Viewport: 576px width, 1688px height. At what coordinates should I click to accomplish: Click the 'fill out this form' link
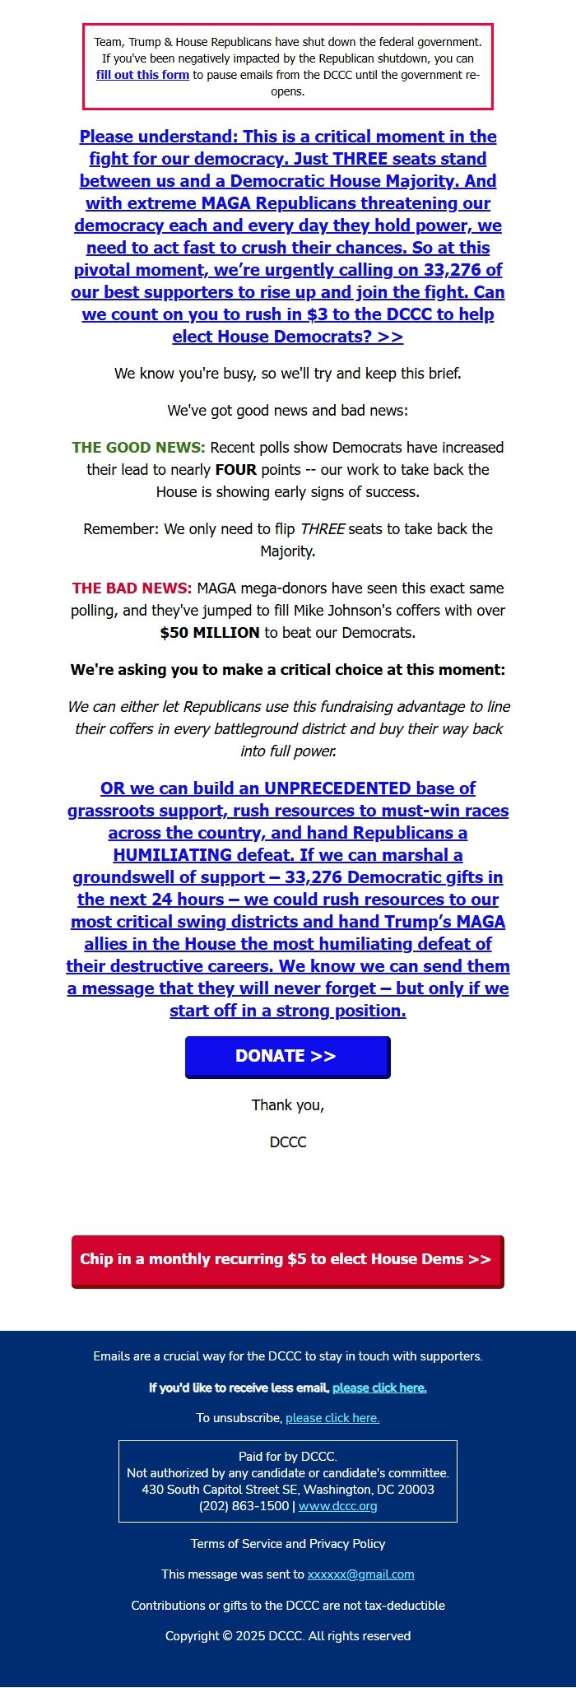click(x=142, y=75)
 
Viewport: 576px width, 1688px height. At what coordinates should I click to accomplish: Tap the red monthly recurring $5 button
click(x=287, y=1260)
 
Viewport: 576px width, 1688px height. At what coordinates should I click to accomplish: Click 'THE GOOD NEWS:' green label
click(x=138, y=448)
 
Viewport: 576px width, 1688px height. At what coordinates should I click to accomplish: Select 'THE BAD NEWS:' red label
click(x=132, y=588)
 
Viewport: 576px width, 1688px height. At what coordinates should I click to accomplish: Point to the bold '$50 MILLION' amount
click(x=210, y=633)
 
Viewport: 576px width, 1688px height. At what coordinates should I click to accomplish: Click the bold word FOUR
click(x=236, y=470)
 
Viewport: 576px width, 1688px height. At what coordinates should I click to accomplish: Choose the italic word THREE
click(x=323, y=529)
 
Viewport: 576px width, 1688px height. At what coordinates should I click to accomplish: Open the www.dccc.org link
click(x=337, y=1506)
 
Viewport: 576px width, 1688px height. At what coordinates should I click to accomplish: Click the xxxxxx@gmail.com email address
click(x=360, y=1574)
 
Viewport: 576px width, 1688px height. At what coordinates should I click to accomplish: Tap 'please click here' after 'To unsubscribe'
click(x=332, y=1418)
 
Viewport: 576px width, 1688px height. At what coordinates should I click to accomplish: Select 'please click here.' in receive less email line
click(x=379, y=1388)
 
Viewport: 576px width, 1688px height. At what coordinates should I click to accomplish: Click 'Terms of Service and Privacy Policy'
click(x=288, y=1544)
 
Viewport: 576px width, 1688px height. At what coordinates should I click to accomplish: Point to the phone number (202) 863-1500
click(x=244, y=1506)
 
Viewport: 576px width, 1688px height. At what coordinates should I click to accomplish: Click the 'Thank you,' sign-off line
click(x=288, y=1105)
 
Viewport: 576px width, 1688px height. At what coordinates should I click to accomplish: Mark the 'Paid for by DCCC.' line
click(x=288, y=1457)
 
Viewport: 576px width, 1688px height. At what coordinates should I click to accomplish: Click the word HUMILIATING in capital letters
click(x=172, y=855)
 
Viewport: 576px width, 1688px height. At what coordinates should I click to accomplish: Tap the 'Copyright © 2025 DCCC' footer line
click(x=288, y=1636)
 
